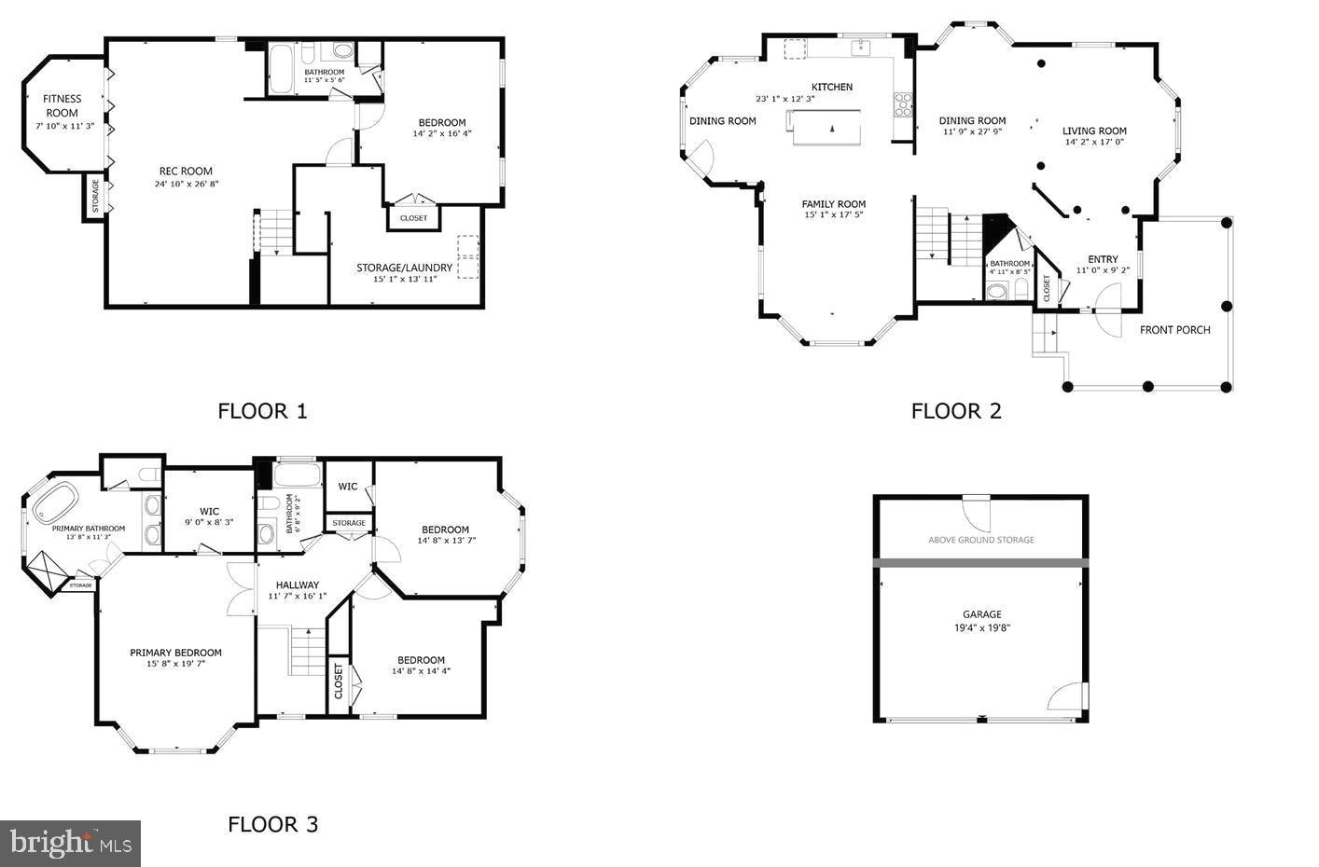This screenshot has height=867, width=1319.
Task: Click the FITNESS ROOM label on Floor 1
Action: [x=62, y=105]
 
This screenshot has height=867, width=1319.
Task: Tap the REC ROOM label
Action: [x=186, y=172]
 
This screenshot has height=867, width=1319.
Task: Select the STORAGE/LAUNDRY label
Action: [x=404, y=268]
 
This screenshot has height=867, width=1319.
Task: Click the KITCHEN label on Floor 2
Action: [x=831, y=87]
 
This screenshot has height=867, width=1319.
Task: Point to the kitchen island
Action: [x=826, y=127]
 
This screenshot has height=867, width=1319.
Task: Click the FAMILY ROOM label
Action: [x=834, y=204]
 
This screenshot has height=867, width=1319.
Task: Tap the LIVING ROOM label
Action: [x=1094, y=131]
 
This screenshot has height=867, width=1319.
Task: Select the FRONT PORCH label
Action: [x=1174, y=329]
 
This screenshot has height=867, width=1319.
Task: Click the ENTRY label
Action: [x=1103, y=259]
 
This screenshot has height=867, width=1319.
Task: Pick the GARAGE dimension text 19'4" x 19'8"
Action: [x=981, y=628]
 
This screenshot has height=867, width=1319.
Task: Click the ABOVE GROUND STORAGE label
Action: [x=980, y=540]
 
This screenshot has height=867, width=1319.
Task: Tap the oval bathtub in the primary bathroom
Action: [x=56, y=503]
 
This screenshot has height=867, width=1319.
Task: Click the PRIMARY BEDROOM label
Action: [x=175, y=653]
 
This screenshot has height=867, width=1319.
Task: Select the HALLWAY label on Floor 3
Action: [x=297, y=585]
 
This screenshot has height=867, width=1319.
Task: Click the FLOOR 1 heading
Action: [x=262, y=411]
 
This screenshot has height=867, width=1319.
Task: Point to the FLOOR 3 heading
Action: [x=272, y=824]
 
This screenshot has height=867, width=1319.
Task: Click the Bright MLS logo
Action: [x=70, y=844]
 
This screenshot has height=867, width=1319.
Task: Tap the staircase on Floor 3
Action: [x=307, y=651]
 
